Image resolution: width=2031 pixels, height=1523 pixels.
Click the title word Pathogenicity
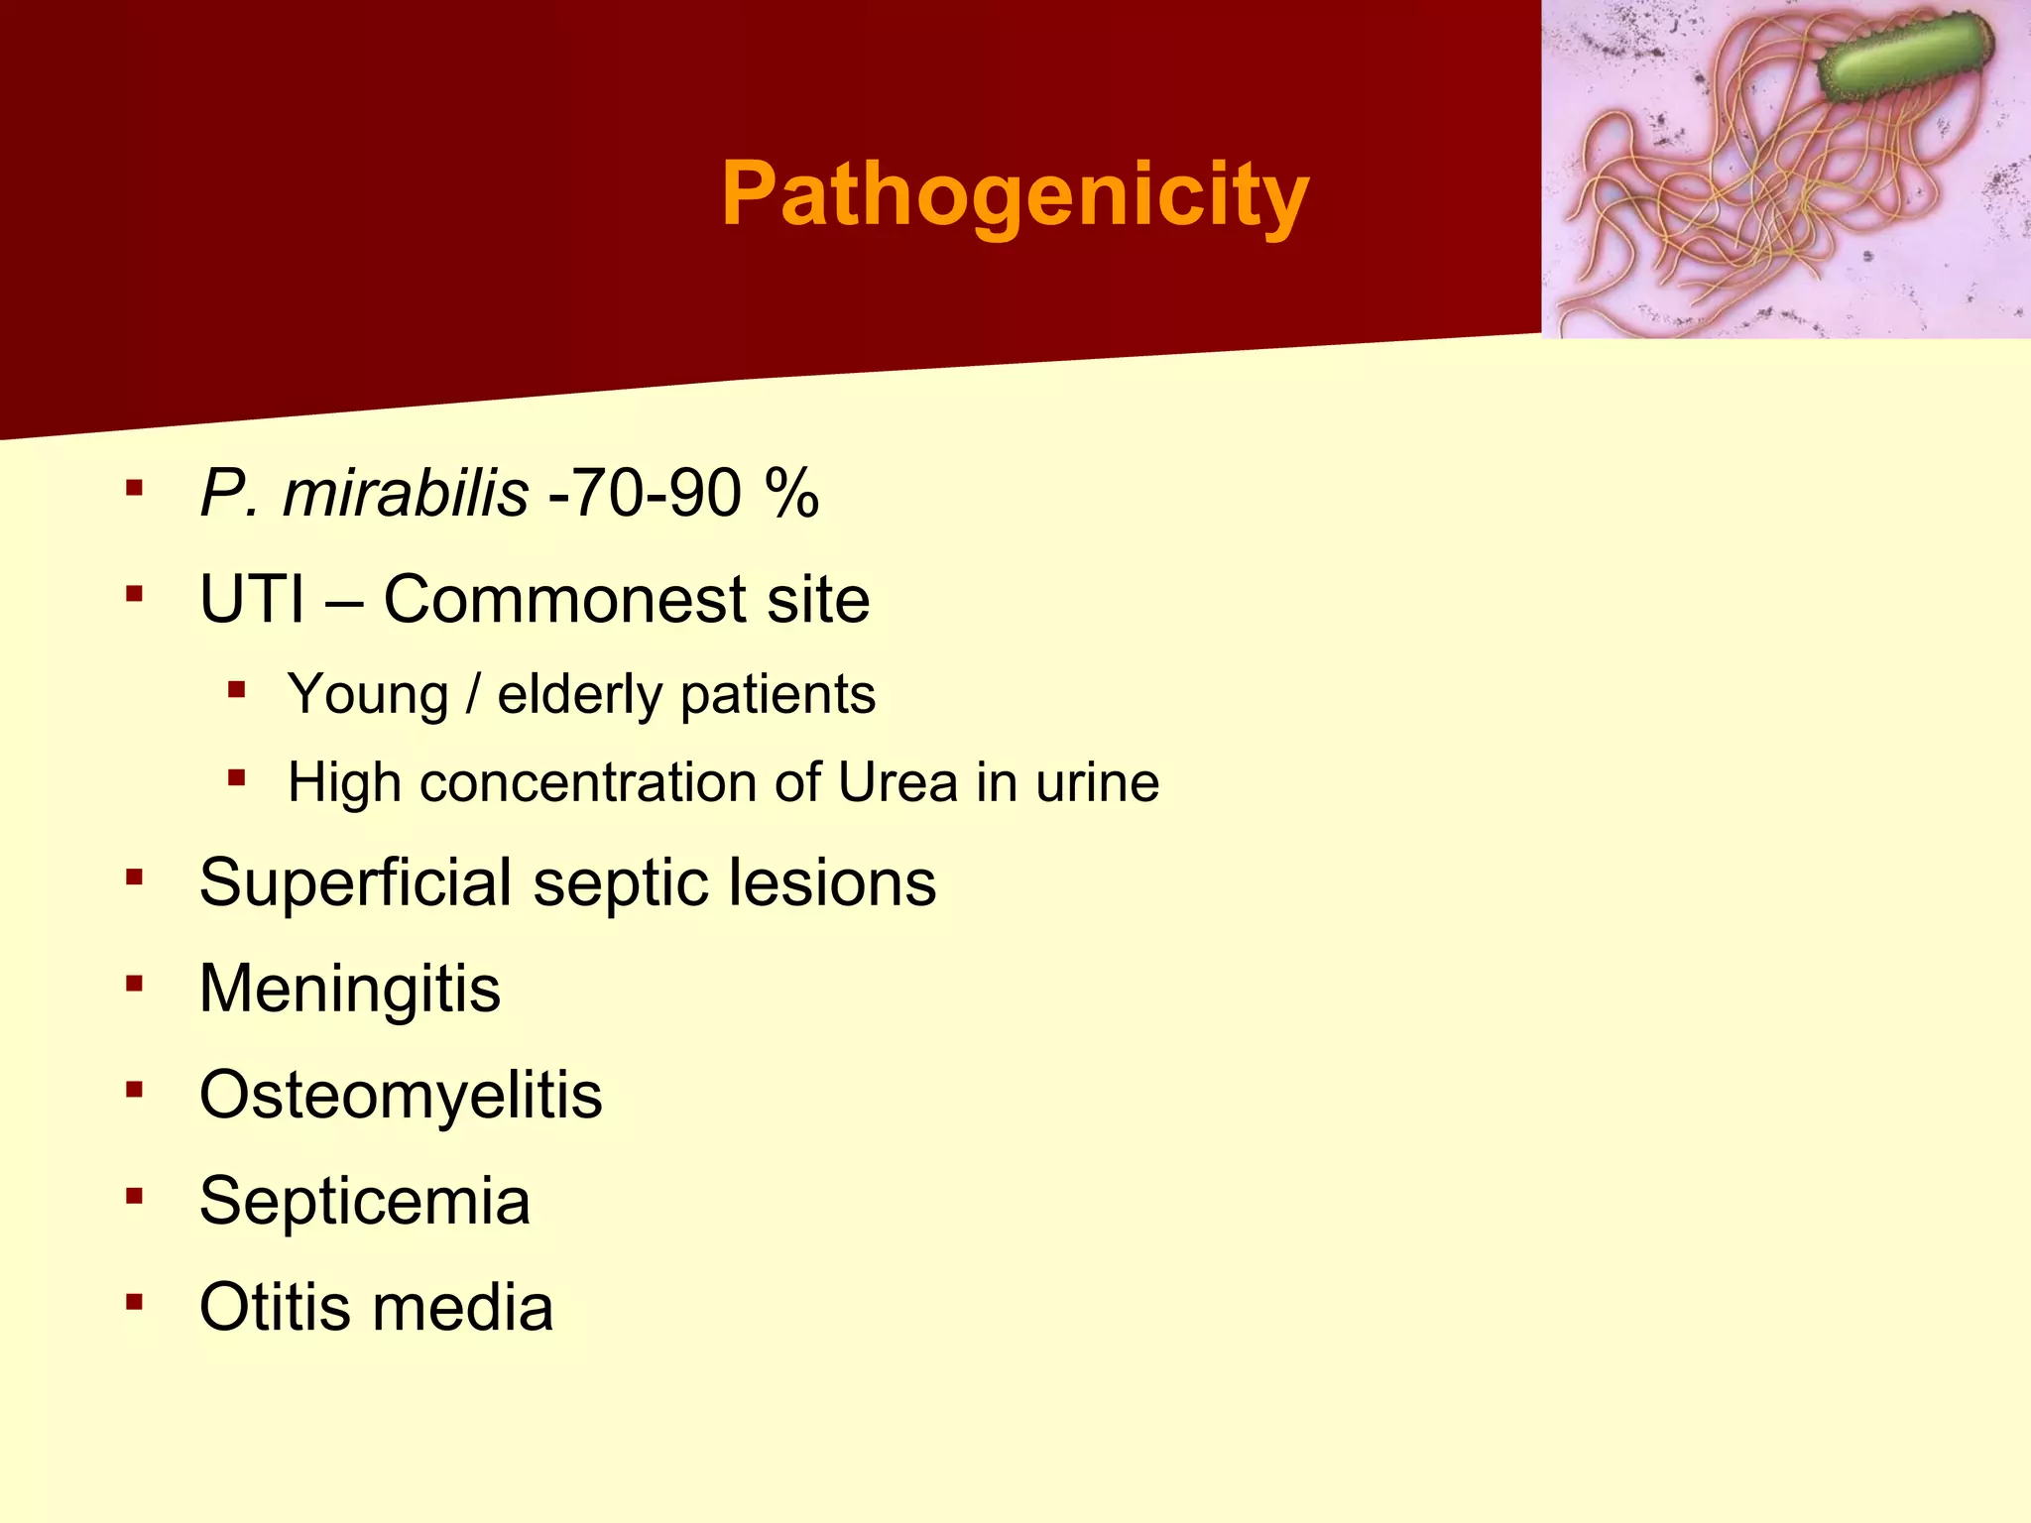point(1015,194)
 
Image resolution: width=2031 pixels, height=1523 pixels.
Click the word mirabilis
point(405,493)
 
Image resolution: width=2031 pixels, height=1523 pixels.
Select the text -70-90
point(645,493)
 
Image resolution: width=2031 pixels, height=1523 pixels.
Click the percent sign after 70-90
point(791,493)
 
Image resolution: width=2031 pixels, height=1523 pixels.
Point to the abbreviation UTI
point(252,600)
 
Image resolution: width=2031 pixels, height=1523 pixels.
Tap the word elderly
point(579,694)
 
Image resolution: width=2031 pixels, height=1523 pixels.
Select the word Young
point(368,694)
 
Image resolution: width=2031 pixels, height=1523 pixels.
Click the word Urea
point(897,782)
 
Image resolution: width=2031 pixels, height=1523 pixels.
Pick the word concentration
point(589,782)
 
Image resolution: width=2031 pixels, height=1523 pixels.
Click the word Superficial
point(356,882)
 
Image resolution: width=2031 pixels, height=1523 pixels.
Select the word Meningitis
point(350,989)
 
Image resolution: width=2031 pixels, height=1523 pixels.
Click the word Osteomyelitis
point(401,1095)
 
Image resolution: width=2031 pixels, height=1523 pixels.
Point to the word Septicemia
point(365,1201)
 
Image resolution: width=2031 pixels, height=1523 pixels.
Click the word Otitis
point(276,1307)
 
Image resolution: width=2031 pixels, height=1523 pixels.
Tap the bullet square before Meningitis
point(135,984)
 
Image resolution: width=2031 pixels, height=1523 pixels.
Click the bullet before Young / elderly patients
point(236,689)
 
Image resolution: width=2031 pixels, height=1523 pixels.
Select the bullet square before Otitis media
point(135,1301)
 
